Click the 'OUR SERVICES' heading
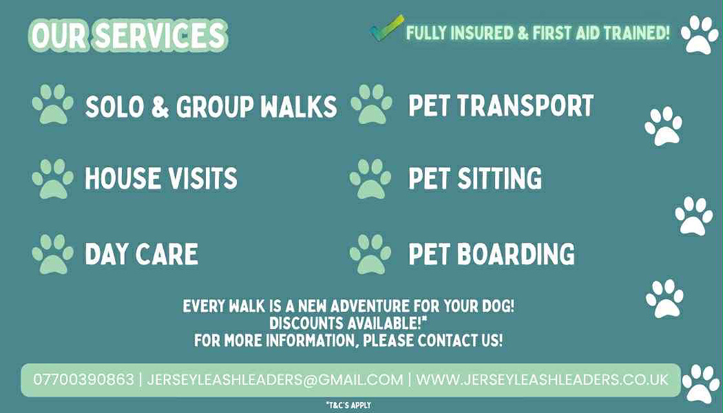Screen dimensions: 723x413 128,35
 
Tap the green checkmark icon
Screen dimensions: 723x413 387,28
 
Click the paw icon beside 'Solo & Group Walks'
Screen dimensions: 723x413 52,104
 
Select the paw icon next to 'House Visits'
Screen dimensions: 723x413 52,179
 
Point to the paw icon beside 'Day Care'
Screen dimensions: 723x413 52,254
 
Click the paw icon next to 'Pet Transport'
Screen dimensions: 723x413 371,104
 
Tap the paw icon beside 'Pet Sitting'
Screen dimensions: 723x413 371,179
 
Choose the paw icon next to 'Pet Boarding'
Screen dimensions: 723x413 371,254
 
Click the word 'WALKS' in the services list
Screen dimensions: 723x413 299,107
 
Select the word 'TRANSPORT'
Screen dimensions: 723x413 525,106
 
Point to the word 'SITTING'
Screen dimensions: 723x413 500,179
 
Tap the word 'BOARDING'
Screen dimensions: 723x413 516,254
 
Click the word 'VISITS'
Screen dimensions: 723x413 203,179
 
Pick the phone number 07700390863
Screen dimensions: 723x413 83,380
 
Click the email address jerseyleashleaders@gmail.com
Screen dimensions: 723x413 275,380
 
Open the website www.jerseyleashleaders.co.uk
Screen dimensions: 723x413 542,380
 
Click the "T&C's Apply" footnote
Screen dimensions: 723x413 349,405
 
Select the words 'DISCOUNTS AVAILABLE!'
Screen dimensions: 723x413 348,323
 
